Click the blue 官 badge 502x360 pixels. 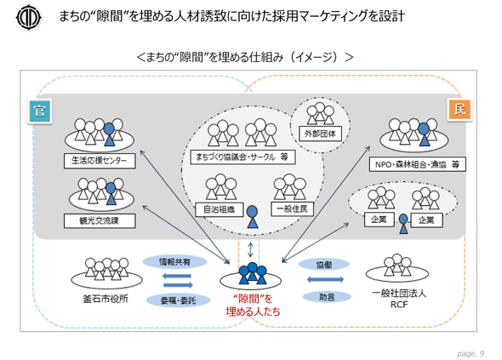[40, 111]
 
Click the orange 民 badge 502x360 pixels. [459, 110]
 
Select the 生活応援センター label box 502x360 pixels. [100, 161]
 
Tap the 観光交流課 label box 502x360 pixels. [100, 220]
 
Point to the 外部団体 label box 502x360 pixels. [320, 134]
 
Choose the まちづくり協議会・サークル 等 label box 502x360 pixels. [242, 157]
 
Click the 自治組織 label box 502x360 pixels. [220, 209]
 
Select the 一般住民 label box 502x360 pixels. [292, 209]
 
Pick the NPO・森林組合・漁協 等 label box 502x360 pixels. [417, 164]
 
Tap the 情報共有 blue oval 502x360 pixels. [174, 262]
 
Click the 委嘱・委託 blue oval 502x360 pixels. [178, 300]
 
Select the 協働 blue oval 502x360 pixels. [323, 265]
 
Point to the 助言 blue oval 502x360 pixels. [327, 297]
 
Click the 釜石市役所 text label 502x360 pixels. [106, 299]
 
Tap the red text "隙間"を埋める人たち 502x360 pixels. [253, 305]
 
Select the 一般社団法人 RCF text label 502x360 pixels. [399, 299]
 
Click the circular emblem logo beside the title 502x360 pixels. [29, 17]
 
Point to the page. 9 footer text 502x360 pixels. [471, 353]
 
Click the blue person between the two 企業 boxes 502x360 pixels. [403, 223]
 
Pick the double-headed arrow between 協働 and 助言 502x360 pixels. [325, 280]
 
